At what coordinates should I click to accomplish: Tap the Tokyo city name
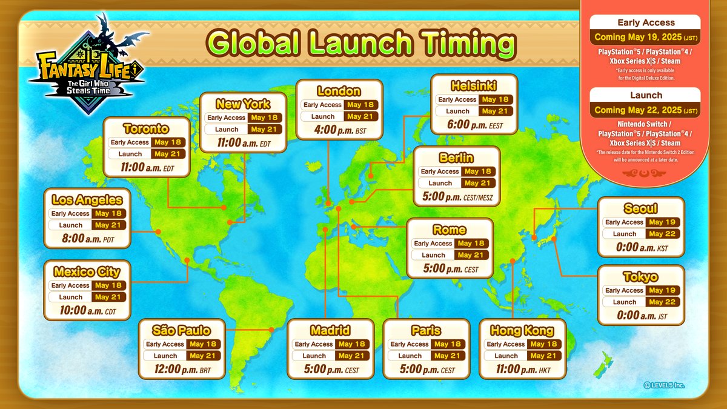coord(640,277)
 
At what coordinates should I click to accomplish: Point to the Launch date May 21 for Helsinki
coord(495,111)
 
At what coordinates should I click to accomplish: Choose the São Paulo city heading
coord(182,330)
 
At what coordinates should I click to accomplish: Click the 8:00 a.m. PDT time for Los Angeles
coord(88,239)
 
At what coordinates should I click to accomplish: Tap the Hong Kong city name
coord(522,330)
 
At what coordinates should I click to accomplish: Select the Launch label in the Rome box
coord(433,255)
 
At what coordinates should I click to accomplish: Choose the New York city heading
coord(243,104)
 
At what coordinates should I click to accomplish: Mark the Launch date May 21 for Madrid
coord(351,356)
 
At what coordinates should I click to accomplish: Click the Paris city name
coord(425,330)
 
